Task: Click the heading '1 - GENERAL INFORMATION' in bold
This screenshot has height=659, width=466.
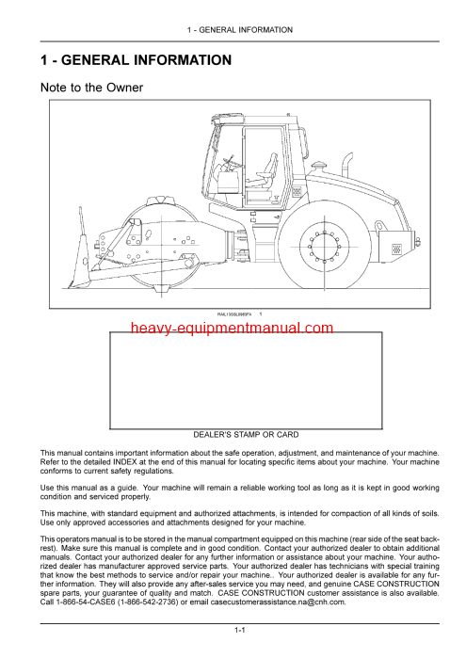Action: [136, 61]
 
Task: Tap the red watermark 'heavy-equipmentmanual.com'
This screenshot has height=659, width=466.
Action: [232, 328]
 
